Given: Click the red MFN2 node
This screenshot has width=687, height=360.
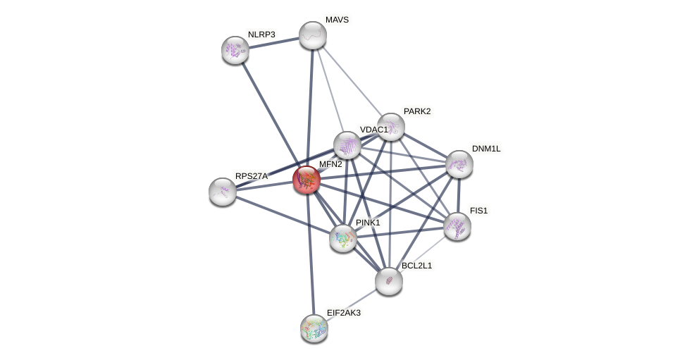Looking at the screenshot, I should (x=307, y=179).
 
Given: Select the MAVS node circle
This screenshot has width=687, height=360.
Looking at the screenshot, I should (x=313, y=35).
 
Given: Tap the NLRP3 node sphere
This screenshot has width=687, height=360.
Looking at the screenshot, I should (x=235, y=49).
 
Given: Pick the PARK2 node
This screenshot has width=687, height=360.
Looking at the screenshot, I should (x=390, y=127).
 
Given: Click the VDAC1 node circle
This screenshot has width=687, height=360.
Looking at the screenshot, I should (x=347, y=145).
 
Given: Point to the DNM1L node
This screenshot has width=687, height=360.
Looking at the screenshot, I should (x=459, y=164).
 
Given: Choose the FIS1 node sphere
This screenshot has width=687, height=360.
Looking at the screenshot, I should (x=457, y=226).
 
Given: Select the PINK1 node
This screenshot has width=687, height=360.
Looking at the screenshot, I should (x=343, y=238).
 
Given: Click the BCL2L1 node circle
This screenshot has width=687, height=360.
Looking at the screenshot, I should (x=388, y=281).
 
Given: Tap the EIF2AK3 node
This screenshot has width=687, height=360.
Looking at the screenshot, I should (x=314, y=328).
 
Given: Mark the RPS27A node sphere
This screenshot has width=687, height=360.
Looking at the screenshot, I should (x=223, y=192).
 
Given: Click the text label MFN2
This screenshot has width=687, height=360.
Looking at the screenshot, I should (x=330, y=164).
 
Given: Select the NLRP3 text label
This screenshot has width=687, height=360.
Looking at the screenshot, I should (x=261, y=34).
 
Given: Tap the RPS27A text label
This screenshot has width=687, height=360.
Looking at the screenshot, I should (x=252, y=176).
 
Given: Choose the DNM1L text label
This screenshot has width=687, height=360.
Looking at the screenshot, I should (x=485, y=149).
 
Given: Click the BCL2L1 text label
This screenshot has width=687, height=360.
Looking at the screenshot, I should (x=416, y=266).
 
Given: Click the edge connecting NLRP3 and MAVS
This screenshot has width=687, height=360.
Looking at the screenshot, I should (x=274, y=42).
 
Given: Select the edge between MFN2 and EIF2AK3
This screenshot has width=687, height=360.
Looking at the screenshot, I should (x=310, y=254).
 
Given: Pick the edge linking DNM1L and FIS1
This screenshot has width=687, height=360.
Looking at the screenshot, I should (x=458, y=195).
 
